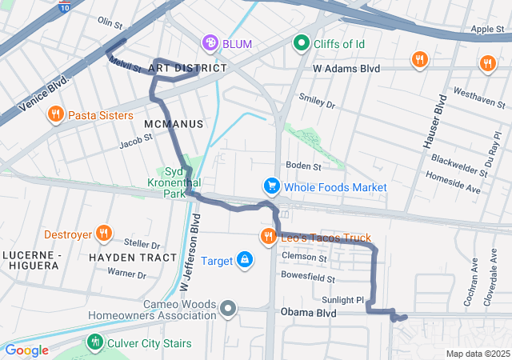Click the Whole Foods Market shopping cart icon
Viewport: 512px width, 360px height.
[272, 186]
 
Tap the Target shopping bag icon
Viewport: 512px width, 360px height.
[244, 260]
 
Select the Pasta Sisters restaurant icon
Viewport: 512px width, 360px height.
[55, 114]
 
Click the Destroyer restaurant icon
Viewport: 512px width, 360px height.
[102, 234]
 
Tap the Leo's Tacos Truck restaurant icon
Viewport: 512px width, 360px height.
[266, 238]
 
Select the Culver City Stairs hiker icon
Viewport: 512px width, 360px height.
[95, 343]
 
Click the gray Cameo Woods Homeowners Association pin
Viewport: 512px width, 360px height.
[229, 308]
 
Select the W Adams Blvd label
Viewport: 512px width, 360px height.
[346, 70]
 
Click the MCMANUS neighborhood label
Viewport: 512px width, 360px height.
[174, 125]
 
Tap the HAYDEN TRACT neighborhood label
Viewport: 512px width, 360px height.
[132, 258]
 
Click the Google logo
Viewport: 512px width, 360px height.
[26, 350]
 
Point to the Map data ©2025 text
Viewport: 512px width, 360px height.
[477, 354]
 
